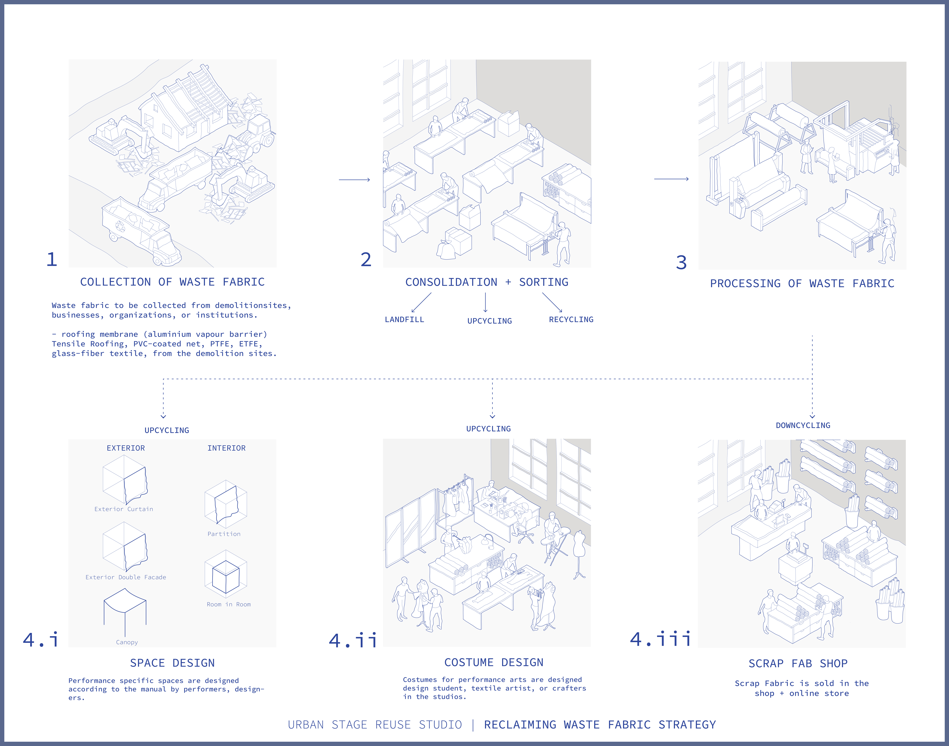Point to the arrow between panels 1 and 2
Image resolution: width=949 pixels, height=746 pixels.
coord(354,179)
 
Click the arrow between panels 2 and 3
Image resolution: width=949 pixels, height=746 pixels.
coord(671,179)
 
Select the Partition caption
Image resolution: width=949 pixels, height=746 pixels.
coord(224,534)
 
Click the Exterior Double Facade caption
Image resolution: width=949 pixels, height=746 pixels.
coord(126,577)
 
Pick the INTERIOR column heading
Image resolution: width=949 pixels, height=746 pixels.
coord(227,448)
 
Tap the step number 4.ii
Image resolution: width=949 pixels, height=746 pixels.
coord(353,640)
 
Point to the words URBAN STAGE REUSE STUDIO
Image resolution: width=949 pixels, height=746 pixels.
coord(375,725)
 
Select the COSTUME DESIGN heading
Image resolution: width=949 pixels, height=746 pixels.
coord(494,663)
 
